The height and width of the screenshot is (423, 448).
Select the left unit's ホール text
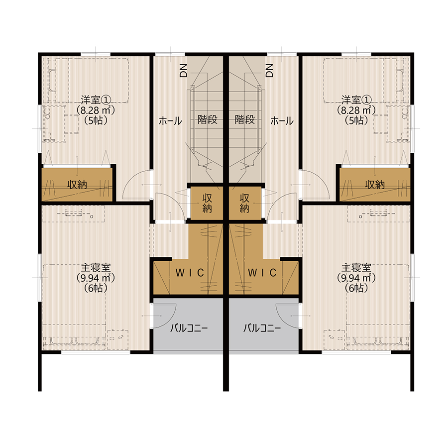(170, 120)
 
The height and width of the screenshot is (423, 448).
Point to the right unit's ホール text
(282, 120)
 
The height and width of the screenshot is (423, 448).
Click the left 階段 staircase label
(207, 120)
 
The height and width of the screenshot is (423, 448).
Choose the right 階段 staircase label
(244, 120)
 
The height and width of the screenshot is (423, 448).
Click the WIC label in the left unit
(190, 273)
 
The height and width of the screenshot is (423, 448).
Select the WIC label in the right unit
(262, 273)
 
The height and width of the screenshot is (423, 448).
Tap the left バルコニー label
(189, 328)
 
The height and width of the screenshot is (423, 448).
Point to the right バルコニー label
(262, 328)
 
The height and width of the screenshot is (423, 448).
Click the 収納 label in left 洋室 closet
(78, 184)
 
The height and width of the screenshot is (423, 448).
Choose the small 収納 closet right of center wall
(244, 203)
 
